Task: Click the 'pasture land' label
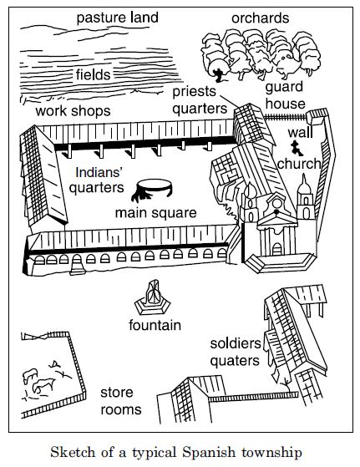tap(117, 18)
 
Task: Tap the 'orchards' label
tap(261, 18)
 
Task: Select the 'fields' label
tap(93, 74)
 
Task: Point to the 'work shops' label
tap(73, 111)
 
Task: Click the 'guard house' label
tap(285, 95)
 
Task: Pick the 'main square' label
tap(155, 213)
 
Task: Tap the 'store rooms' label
tap(120, 401)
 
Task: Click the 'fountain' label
tap(155, 325)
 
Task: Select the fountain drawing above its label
tap(153, 298)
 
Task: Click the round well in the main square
tap(152, 189)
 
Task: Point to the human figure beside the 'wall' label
tap(297, 149)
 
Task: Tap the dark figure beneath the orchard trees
tap(219, 75)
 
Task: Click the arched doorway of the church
tap(277, 249)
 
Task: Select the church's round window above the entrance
tap(277, 203)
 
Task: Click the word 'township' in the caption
tap(271, 454)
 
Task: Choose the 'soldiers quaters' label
tap(236, 352)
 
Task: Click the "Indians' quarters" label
tap(97, 180)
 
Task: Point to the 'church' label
tap(299, 164)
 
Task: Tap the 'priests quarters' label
tap(200, 100)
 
